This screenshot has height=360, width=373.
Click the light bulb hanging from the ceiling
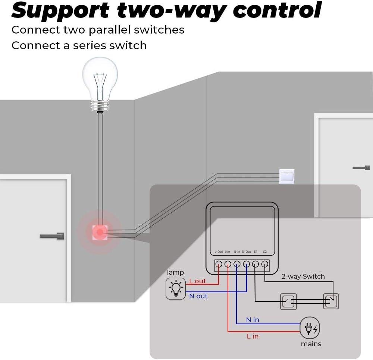pyautogui.click(x=100, y=84)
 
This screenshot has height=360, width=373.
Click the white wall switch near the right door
pyautogui.click(x=287, y=177)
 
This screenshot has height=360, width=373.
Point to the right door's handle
pyautogui.click(x=361, y=168)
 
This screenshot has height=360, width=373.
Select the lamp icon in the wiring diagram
pyautogui.click(x=175, y=289)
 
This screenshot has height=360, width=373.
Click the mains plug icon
pyautogui.click(x=310, y=328)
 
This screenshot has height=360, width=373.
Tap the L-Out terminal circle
pyautogui.click(x=219, y=264)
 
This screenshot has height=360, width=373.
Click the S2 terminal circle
pyautogui.click(x=264, y=264)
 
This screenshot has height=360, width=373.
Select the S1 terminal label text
pyautogui.click(x=256, y=252)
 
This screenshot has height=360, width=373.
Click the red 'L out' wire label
pyautogui.click(x=197, y=281)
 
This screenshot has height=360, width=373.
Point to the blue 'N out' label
pyautogui.click(x=198, y=296)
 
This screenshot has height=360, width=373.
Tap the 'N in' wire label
pyautogui.click(x=253, y=319)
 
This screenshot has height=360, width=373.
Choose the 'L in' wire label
pyautogui.click(x=253, y=336)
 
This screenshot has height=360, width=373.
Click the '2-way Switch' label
pyautogui.click(x=303, y=276)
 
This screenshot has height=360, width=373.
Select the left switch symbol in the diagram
pyautogui.click(x=289, y=301)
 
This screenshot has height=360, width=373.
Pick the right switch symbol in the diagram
pyautogui.click(x=331, y=301)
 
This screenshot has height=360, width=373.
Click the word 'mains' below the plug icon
pyautogui.click(x=311, y=344)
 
